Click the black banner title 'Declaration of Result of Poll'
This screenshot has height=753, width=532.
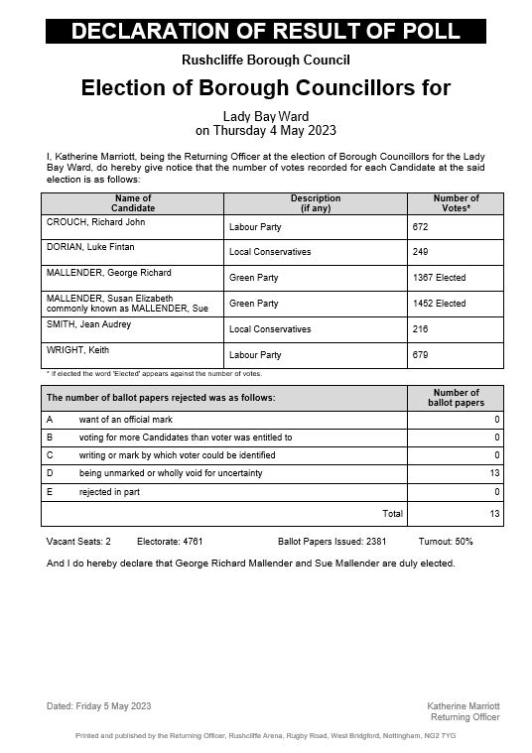[x=266, y=31]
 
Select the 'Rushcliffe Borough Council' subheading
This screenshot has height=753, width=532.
[x=266, y=61]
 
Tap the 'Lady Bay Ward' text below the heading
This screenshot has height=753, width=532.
[x=266, y=116]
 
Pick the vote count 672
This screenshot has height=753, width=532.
[x=421, y=227]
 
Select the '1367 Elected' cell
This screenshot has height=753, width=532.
[x=438, y=279]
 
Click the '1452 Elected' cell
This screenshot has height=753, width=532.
[x=438, y=305]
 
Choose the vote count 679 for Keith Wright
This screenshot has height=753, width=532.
[x=421, y=355]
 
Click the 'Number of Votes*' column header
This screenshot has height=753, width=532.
[x=456, y=203]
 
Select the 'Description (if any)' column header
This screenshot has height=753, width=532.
[x=315, y=203]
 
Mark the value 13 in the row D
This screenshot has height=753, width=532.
[x=494, y=474]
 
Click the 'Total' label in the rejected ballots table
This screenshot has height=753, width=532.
[x=393, y=514]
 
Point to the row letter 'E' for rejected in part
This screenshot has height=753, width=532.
[x=50, y=492]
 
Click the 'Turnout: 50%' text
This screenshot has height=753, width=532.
[x=446, y=542]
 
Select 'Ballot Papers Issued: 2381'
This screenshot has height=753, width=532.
[x=327, y=542]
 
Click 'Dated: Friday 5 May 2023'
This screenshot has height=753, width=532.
[x=99, y=705]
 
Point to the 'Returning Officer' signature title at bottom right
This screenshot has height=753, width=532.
[x=465, y=717]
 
